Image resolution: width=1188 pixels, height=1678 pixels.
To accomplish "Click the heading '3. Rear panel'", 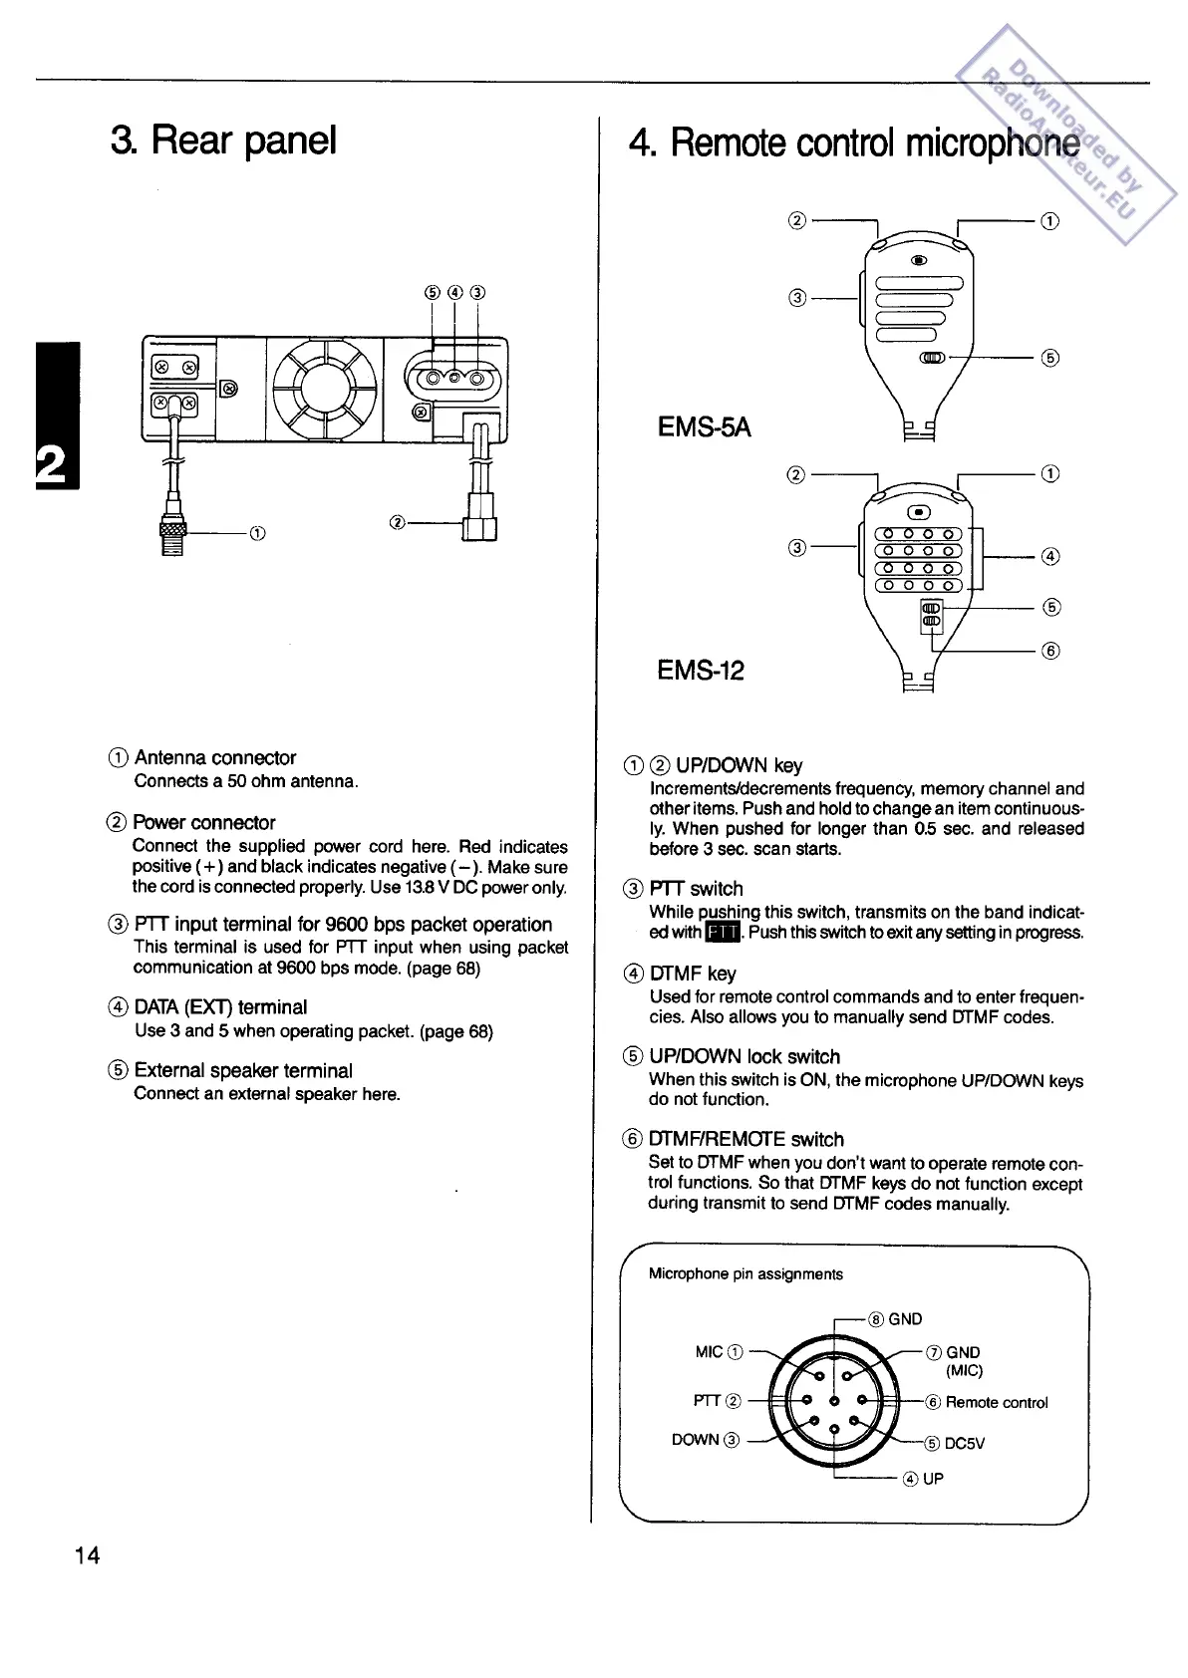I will pyautogui.click(x=223, y=140).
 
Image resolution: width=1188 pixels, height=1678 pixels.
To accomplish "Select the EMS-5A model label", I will pyautogui.click(x=704, y=427).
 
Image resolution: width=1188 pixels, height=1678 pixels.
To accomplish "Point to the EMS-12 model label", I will pyautogui.click(x=700, y=670).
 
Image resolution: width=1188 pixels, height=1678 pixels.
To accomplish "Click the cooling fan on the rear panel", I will pyautogui.click(x=324, y=389).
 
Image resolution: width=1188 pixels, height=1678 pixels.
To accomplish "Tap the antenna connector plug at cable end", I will pyautogui.click(x=172, y=536).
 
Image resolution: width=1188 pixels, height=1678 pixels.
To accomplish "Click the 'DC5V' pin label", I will pyautogui.click(x=964, y=1443).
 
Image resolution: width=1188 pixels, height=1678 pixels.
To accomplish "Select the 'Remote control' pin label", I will pyautogui.click(x=996, y=1402).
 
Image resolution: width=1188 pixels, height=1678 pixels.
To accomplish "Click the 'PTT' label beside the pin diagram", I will pyautogui.click(x=707, y=1401).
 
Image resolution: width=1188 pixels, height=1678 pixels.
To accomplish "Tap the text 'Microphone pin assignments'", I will pyautogui.click(x=745, y=1273).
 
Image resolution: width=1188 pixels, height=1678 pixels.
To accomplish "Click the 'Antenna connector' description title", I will pyautogui.click(x=215, y=757).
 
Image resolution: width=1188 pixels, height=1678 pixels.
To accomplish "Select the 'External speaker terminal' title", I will pyautogui.click(x=243, y=1070).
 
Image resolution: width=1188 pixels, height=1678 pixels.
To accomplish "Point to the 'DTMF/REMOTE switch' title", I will pyautogui.click(x=745, y=1139).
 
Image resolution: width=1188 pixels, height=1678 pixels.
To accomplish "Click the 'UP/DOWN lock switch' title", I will pyautogui.click(x=743, y=1056).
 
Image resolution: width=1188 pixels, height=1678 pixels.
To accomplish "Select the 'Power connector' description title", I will pyautogui.click(x=204, y=822).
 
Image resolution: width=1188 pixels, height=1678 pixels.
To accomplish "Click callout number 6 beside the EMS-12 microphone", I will pyautogui.click(x=1050, y=651).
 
